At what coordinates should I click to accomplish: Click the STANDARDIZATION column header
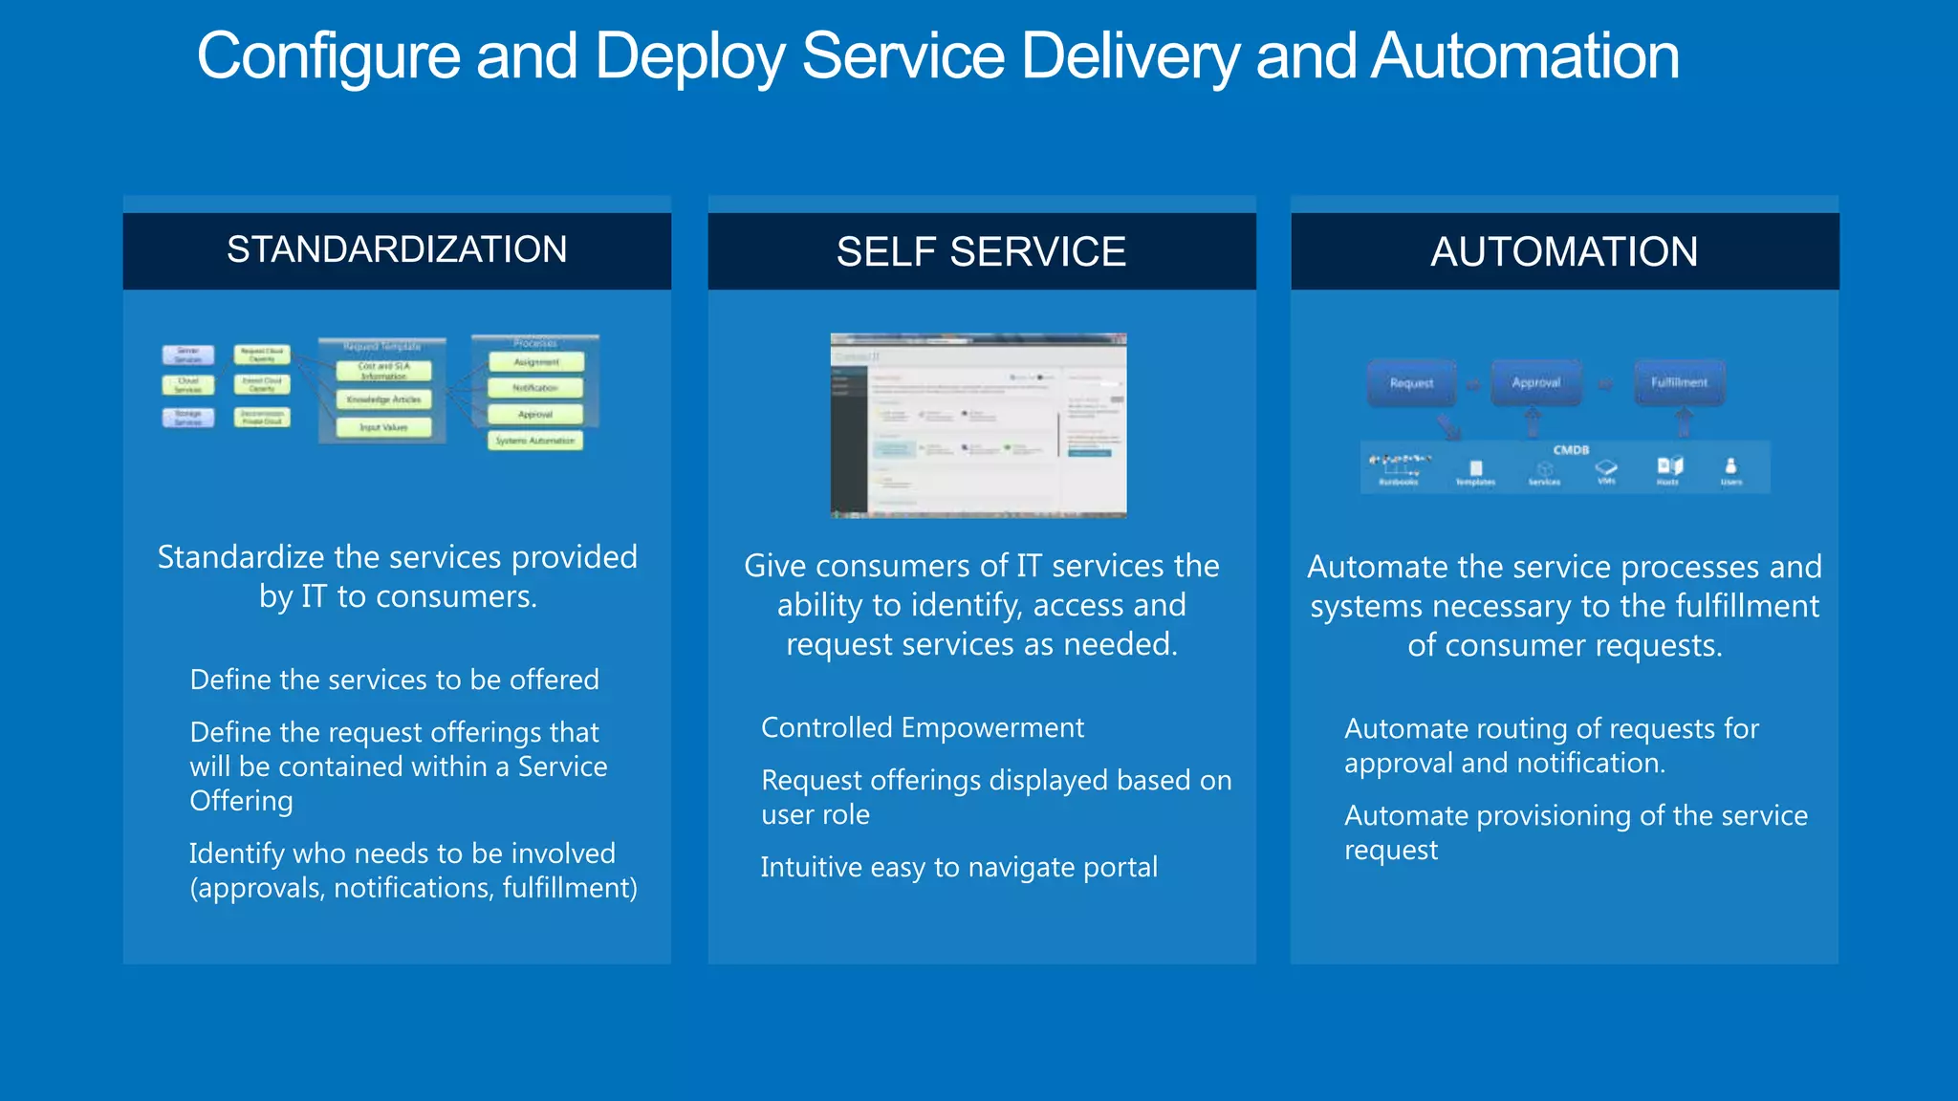(x=397, y=250)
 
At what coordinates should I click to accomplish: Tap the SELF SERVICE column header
(x=981, y=252)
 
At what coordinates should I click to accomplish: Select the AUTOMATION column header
(x=1564, y=252)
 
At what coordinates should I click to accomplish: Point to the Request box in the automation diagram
(x=1411, y=383)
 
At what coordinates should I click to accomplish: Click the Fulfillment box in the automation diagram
(x=1679, y=382)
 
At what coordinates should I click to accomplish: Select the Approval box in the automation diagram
(x=1535, y=382)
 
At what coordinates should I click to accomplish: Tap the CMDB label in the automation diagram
(x=1571, y=450)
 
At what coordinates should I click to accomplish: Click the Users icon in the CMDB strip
(x=1730, y=467)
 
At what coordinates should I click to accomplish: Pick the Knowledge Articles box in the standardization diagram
(x=383, y=399)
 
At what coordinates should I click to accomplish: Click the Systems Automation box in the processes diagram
(x=535, y=441)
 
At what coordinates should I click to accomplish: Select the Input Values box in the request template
(x=383, y=427)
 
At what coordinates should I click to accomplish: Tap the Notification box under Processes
(x=535, y=388)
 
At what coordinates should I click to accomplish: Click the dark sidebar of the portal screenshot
(x=847, y=430)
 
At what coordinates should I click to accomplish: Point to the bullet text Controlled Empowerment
(x=923, y=728)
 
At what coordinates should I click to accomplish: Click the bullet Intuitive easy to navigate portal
(x=959, y=868)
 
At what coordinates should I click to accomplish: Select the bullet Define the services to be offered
(x=394, y=680)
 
